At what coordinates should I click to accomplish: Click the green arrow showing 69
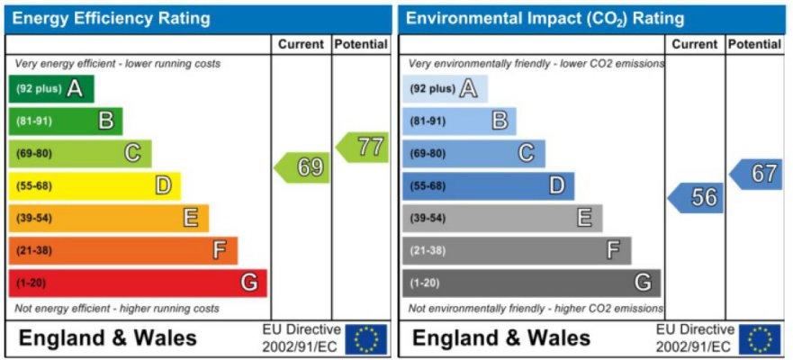302,167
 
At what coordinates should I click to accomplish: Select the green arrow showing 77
362,147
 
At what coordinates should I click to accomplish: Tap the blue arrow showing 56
696,198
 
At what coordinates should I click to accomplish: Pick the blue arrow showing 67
756,175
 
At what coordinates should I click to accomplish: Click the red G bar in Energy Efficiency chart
138,283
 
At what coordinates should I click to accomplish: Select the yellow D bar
95,186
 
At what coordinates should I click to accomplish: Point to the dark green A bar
51,89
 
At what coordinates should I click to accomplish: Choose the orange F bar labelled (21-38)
123,251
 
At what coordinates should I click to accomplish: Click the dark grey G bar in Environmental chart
532,283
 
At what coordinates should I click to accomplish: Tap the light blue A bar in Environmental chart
445,89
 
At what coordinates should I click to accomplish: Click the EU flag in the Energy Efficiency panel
366,339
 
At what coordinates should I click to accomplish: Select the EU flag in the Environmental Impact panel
760,339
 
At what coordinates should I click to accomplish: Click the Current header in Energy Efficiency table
302,44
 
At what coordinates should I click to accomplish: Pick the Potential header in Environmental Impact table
755,44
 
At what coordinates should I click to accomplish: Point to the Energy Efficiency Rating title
111,19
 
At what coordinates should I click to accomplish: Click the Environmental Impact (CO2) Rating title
545,19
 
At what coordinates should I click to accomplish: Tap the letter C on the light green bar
132,153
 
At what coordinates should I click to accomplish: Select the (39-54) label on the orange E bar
34,219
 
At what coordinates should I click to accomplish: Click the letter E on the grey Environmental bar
585,219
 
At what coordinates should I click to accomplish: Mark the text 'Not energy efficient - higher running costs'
117,309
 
